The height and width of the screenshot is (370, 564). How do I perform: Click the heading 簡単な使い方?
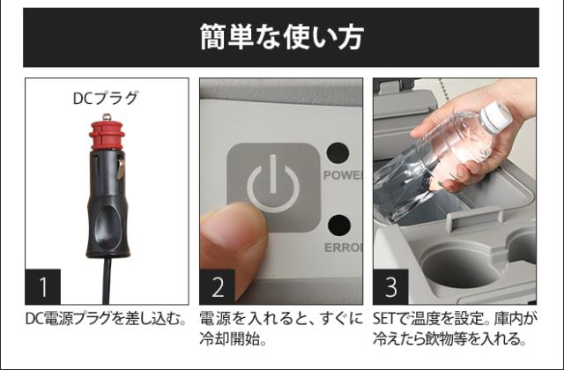pos(281,38)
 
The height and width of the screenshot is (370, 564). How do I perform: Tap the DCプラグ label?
pos(105,99)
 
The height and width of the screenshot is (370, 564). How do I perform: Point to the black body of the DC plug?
pos(107,211)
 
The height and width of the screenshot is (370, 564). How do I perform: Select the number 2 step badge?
pos(219,286)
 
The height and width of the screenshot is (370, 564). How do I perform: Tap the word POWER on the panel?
pos(342,174)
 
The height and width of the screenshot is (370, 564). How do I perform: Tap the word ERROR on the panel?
pos(342,248)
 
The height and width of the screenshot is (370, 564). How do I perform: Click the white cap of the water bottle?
pos(496,116)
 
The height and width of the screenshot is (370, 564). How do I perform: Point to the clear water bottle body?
pos(432,167)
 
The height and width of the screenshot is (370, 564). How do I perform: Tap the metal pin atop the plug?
pos(106,115)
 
